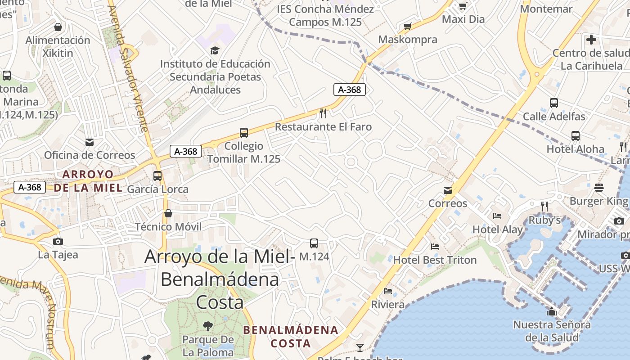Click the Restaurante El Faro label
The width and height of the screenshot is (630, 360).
[x=323, y=127]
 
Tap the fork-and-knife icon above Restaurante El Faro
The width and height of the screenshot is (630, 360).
[x=323, y=113]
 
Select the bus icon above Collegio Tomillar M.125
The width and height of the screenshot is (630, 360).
[x=243, y=133]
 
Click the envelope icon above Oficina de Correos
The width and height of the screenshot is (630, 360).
[x=90, y=142]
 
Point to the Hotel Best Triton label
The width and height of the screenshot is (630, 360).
[x=435, y=260]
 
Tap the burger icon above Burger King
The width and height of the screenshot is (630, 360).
[x=598, y=187]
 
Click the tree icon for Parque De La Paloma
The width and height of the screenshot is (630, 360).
[x=208, y=326]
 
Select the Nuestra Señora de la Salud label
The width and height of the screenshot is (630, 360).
[x=552, y=331]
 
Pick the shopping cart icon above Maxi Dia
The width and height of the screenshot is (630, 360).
[x=463, y=6]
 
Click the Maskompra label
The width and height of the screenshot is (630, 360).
[x=407, y=40]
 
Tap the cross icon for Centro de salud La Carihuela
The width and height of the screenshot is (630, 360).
[x=591, y=40]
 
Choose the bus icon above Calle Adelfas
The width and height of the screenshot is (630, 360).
[x=554, y=103]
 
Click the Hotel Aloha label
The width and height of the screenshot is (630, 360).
[x=575, y=149]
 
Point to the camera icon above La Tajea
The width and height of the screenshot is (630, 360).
[x=58, y=241]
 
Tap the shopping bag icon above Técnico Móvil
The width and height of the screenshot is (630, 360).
[x=168, y=213]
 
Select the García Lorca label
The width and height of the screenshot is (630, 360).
[x=157, y=189]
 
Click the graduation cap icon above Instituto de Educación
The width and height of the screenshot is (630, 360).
[x=215, y=50]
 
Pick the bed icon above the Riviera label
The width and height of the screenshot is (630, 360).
[x=388, y=291]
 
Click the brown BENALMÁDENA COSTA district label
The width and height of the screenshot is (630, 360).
[x=290, y=336]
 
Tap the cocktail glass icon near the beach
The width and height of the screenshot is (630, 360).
[x=360, y=347]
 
